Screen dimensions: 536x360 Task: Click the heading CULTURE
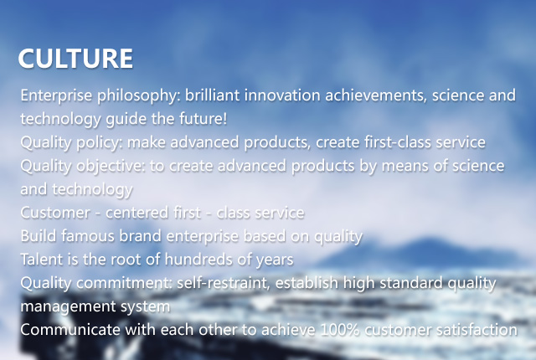(x=75, y=59)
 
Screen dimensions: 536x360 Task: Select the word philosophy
(x=137, y=96)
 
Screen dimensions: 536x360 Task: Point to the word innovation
(x=282, y=95)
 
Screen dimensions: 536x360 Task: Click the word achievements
(x=376, y=95)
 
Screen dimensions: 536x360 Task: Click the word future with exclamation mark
(x=203, y=119)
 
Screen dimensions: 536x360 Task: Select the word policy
(x=99, y=143)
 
